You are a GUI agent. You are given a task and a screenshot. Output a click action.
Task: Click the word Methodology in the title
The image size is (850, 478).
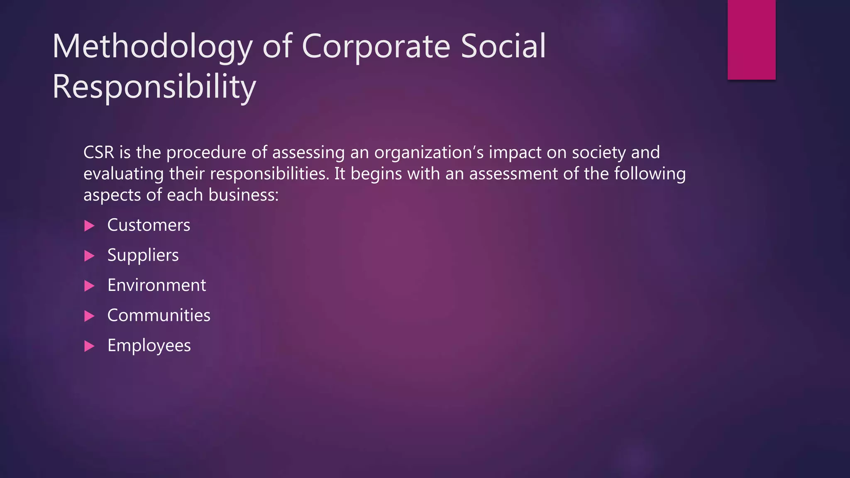tap(152, 46)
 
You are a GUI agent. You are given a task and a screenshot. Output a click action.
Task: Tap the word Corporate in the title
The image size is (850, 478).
tap(376, 46)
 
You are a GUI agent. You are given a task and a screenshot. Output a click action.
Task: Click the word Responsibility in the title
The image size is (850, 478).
tap(154, 87)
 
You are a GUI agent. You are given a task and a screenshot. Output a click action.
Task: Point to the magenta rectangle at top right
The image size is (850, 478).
tap(751, 39)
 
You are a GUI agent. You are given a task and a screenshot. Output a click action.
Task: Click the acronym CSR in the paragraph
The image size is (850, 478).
tap(98, 153)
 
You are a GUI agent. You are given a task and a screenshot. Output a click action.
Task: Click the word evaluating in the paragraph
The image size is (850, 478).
tap(123, 174)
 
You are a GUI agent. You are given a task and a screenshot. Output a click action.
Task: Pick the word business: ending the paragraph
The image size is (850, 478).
tap(243, 195)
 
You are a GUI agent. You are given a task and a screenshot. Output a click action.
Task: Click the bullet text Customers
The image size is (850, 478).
tap(149, 225)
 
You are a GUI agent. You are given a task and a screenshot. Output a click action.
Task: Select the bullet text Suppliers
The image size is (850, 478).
tap(143, 255)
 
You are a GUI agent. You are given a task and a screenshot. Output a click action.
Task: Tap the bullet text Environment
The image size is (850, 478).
tap(156, 285)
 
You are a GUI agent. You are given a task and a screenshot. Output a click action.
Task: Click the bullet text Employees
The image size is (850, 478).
tap(149, 346)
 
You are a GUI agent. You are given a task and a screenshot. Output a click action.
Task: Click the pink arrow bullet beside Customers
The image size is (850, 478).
tap(89, 226)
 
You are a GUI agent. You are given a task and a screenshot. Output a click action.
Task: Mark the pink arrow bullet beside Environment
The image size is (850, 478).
tap(89, 286)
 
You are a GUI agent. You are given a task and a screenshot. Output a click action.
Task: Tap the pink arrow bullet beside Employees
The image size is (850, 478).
tap(89, 346)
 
